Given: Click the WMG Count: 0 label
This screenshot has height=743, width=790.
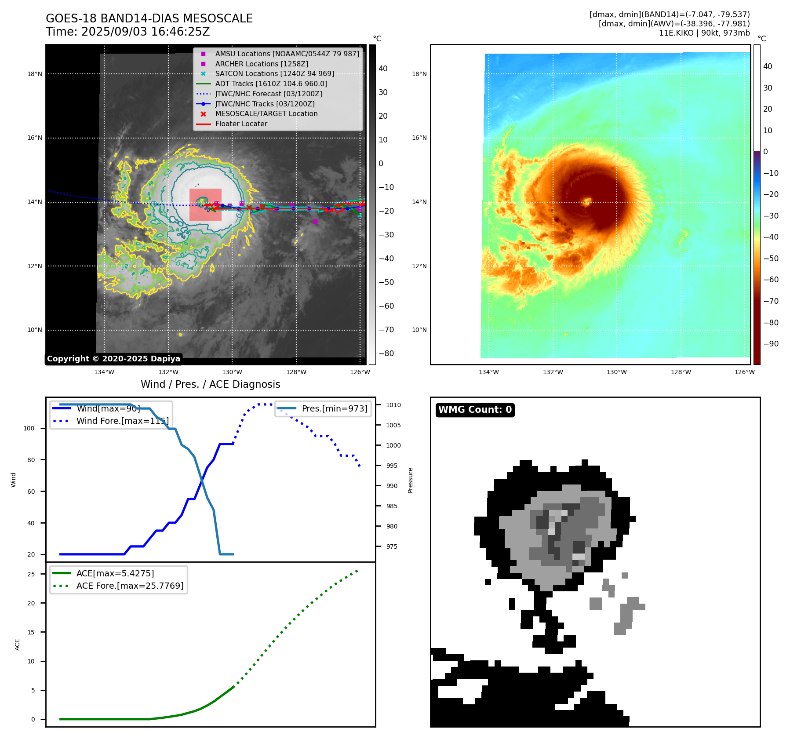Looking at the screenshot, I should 475,410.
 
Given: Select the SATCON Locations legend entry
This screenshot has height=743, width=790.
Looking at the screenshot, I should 274,73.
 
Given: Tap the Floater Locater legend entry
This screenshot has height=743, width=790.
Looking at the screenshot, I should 241,124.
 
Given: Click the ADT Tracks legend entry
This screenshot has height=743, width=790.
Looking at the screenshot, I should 271,84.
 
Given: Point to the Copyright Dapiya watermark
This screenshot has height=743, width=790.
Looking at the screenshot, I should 113,359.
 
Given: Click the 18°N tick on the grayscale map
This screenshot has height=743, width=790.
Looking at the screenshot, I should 35,74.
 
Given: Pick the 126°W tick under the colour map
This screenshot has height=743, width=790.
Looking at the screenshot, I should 744,372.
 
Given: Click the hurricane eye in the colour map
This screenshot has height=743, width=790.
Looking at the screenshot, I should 587,202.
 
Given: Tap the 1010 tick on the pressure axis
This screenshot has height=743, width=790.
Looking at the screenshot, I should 393,405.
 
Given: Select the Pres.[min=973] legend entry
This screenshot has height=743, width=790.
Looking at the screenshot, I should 334,408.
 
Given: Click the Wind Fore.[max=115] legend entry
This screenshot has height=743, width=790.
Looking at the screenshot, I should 122,421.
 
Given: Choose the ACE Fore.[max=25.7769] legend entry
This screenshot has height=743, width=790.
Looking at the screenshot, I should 130,586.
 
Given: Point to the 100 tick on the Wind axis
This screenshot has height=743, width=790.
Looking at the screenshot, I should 29,428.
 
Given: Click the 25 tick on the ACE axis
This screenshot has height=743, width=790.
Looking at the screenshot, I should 31,574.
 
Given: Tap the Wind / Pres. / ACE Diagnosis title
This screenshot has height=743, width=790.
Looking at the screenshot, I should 210,384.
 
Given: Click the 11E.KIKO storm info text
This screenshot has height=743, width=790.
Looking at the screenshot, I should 704,33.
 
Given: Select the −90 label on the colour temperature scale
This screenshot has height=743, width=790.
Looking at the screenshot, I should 770,344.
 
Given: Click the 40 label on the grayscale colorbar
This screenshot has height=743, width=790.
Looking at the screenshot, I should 383,69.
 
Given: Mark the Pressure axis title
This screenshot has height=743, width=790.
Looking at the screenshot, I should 410,480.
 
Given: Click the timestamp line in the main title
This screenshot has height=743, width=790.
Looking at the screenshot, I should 128,32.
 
